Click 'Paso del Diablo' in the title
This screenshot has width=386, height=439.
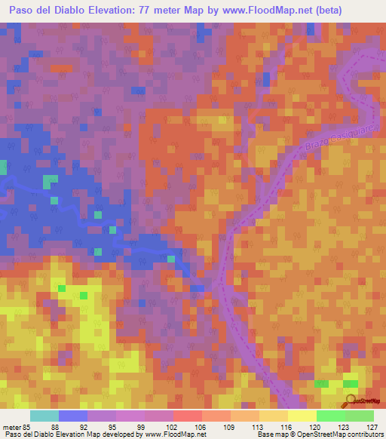click(45, 11)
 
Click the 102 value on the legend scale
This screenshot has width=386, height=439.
click(173, 427)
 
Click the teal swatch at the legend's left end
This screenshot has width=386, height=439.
click(44, 416)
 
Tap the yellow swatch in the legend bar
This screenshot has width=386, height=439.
click(302, 416)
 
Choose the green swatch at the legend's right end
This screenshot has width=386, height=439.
click(359, 416)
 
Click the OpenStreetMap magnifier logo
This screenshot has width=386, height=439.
click(351, 401)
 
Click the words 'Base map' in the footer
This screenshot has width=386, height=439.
click(273, 434)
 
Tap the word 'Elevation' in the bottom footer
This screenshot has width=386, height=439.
click(61, 434)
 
